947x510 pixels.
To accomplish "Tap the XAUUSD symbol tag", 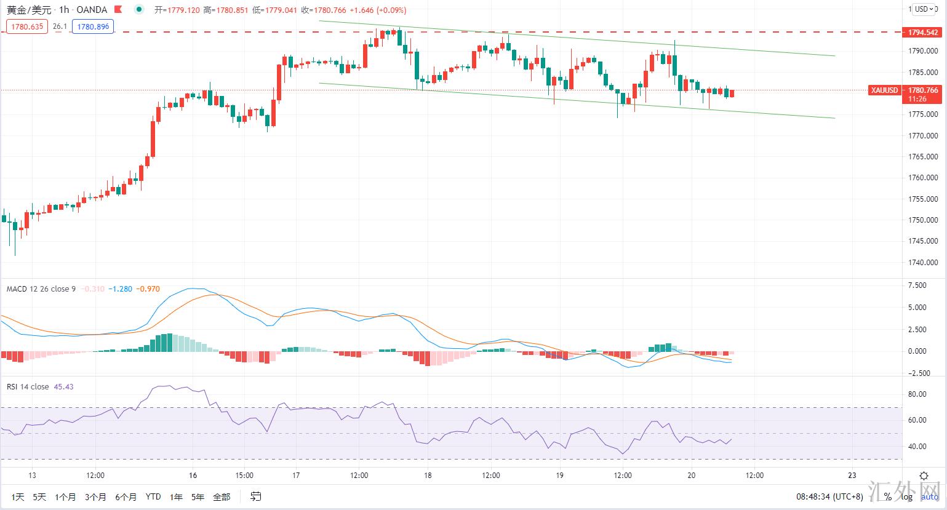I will (884, 90).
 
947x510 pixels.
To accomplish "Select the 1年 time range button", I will (177, 496).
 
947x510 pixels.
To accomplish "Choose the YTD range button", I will (153, 496).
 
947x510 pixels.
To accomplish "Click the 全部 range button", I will (222, 496).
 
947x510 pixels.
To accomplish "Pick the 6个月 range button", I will (126, 496).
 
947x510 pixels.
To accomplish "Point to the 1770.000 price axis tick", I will (923, 135).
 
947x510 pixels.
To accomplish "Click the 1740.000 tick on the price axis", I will (923, 263).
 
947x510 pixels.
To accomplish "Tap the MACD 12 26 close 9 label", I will (41, 289).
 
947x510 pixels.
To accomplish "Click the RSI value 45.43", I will (64, 387).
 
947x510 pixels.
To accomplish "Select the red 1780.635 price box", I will (27, 26).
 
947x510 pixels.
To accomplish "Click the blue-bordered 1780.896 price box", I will (93, 26).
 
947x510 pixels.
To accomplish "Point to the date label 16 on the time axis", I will (193, 476).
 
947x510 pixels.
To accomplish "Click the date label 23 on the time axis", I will (852, 476).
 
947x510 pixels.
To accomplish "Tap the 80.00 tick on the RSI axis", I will (917, 394).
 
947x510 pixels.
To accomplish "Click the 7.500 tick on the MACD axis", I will (917, 285).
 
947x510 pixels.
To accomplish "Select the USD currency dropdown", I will (922, 9).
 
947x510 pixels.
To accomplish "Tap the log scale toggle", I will (907, 496).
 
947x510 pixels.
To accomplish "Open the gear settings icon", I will (924, 476).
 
